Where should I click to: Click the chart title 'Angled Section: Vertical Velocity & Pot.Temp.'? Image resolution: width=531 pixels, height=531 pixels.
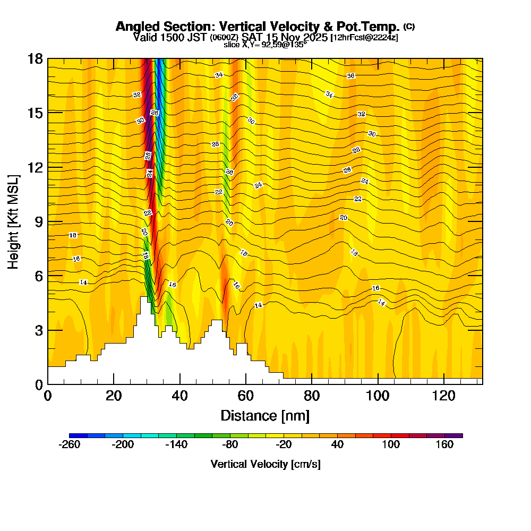pyautogui.click(x=258, y=27)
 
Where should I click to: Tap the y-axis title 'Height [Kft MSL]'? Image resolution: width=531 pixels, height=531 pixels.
pyautogui.click(x=13, y=221)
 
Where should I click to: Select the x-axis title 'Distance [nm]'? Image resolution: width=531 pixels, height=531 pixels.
pyautogui.click(x=265, y=415)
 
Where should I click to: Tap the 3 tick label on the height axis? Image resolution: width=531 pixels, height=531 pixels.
pyautogui.click(x=39, y=330)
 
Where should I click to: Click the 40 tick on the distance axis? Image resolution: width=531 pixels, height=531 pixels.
pyautogui.click(x=180, y=396)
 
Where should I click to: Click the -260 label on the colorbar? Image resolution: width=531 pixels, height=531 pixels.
pyautogui.click(x=69, y=445)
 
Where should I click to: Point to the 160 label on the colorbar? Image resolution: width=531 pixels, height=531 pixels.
pyautogui.click(x=444, y=445)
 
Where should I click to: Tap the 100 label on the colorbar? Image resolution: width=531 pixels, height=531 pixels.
pyautogui.click(x=391, y=445)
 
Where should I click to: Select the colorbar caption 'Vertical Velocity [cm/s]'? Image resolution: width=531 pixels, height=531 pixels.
pyautogui.click(x=265, y=464)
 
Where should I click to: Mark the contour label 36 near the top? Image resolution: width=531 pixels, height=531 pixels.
pyautogui.click(x=350, y=76)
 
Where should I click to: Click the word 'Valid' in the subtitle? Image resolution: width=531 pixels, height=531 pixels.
pyautogui.click(x=145, y=37)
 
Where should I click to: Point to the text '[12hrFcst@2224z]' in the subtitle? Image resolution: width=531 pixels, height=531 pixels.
pyautogui.click(x=364, y=38)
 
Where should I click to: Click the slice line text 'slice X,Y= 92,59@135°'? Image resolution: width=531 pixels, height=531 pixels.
pyautogui.click(x=265, y=45)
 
